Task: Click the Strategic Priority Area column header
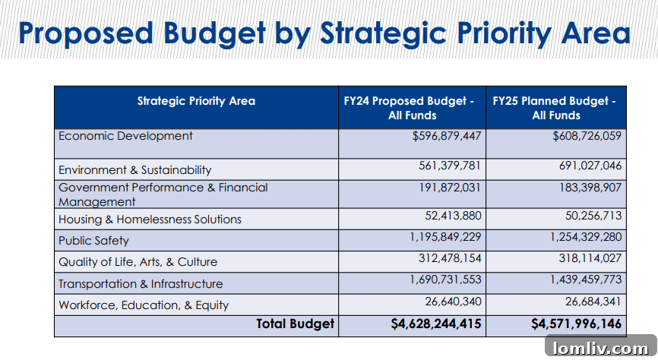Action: point(196,101)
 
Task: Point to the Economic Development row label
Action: point(125,136)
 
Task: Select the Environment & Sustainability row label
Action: point(134,170)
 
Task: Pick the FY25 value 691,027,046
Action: point(587,166)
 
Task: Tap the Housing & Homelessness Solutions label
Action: point(150,219)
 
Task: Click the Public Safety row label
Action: point(93,241)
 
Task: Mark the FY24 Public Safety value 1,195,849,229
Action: point(445,237)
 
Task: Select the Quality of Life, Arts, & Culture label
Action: point(138,262)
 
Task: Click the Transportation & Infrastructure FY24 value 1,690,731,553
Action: point(445,279)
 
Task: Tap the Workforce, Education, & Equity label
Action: point(144,305)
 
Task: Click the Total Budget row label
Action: point(295,324)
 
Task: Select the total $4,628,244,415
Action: point(436,324)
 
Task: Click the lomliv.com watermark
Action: point(600,349)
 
